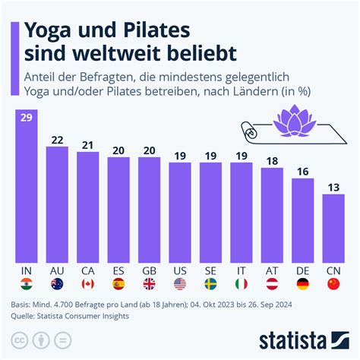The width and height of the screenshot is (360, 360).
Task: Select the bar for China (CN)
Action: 333,228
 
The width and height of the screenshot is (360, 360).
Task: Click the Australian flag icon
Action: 58,284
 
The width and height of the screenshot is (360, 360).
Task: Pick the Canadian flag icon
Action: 88,284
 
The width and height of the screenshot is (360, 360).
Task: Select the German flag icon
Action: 303,284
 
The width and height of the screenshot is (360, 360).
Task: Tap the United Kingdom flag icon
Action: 150,284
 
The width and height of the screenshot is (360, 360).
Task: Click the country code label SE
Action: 211,270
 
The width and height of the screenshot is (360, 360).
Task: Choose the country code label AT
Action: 272,270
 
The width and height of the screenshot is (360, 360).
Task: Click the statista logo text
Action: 304,339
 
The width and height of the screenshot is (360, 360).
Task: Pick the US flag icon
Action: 180,284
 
